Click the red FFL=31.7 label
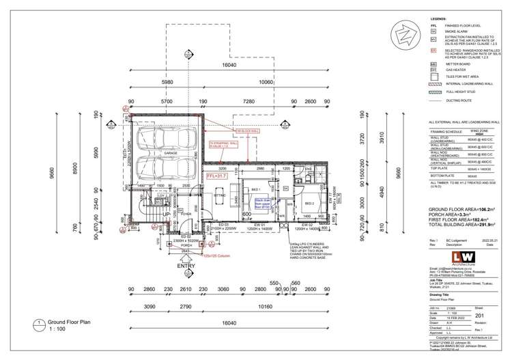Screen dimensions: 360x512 (x=215, y=176)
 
